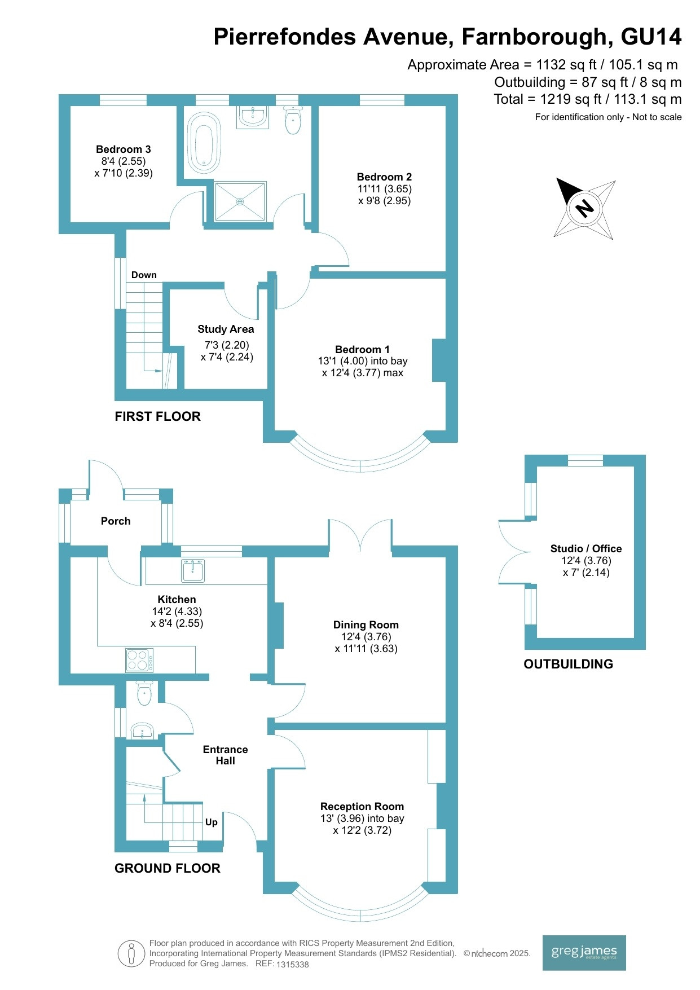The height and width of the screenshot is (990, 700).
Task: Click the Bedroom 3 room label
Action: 124,149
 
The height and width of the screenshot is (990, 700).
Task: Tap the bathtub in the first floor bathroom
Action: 203,143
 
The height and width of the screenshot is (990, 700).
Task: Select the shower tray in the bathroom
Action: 240,201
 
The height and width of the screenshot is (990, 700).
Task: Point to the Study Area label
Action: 226,329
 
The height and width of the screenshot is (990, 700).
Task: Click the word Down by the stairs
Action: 144,275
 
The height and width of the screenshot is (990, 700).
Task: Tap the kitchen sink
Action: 193,570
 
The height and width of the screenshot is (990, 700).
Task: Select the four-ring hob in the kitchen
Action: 139,660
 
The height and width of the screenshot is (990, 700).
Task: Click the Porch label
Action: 116,521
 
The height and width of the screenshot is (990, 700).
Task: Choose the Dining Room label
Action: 366,625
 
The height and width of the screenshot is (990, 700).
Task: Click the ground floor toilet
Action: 144,693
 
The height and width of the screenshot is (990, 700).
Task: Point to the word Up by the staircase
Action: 212,822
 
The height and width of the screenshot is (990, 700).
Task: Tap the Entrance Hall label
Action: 226,755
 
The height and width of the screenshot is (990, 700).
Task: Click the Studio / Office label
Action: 586,549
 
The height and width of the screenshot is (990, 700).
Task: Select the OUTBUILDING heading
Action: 569,664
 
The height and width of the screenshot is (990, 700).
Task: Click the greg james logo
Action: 584,953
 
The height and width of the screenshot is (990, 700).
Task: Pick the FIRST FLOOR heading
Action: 158,417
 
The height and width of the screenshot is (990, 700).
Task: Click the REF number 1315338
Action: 292,965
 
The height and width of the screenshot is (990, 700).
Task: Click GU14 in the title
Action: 651,37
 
